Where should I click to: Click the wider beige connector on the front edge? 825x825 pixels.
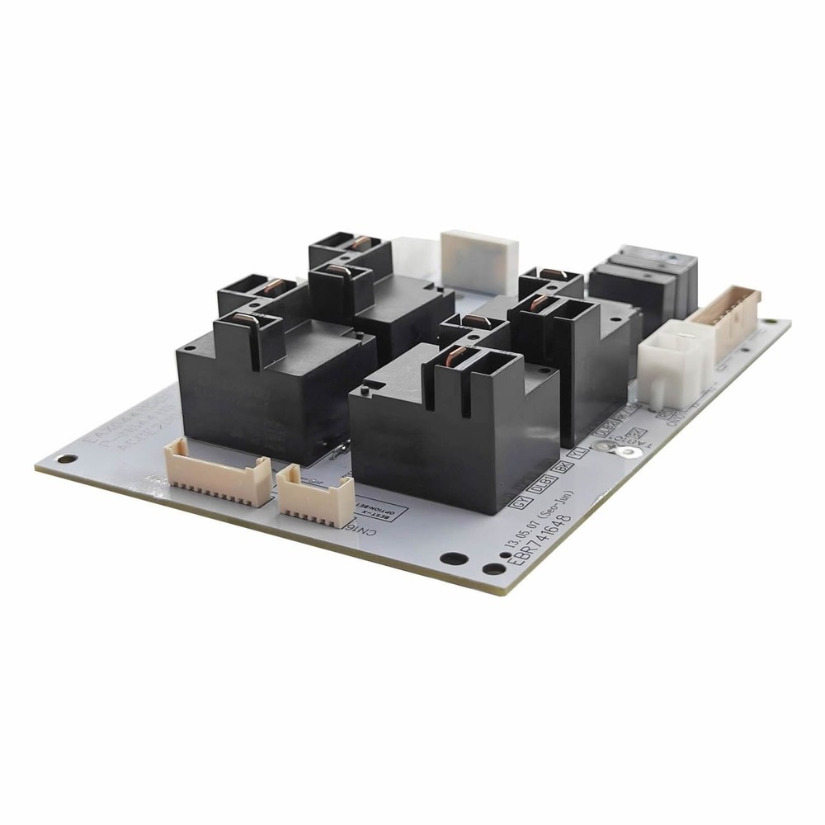click(218, 469)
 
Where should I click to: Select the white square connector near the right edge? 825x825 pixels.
click(671, 366)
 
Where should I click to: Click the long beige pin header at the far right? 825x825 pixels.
click(726, 322)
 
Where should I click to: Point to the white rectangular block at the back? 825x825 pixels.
click(479, 261)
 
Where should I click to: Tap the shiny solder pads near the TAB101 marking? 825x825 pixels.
click(615, 446)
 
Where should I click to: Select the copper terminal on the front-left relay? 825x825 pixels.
click(243, 322)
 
